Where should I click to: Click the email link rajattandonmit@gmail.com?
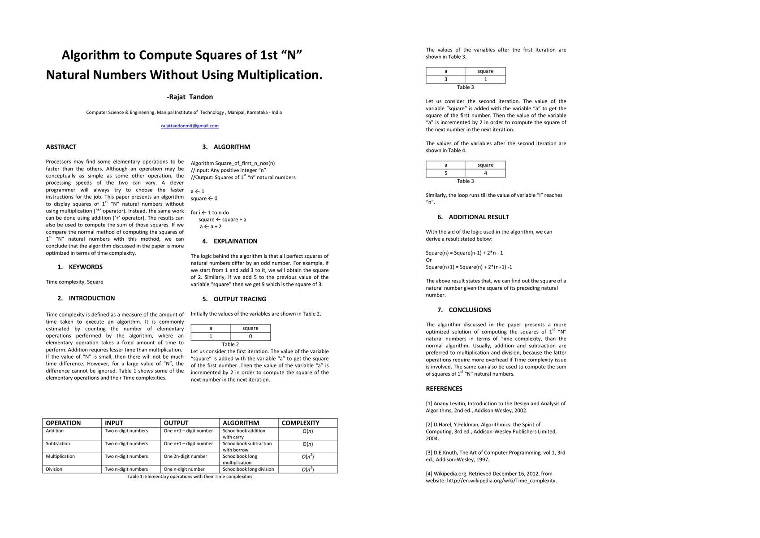click(190, 126)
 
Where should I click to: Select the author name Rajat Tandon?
click(190, 97)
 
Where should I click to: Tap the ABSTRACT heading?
click(61, 147)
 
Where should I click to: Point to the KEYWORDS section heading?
click(85, 267)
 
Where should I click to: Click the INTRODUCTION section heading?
click(91, 299)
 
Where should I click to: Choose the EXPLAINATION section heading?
click(235, 241)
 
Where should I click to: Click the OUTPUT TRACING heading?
click(240, 299)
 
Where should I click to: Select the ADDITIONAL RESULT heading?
click(479, 217)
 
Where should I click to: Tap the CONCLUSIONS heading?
click(470, 310)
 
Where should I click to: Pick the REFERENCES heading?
click(444, 389)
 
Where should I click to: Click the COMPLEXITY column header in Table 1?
click(300, 423)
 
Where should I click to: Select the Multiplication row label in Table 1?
click(60, 456)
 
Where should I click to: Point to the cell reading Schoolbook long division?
click(248, 469)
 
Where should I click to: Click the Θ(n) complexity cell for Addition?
click(307, 431)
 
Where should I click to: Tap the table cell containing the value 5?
click(445, 173)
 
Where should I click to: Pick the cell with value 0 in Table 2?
click(250, 336)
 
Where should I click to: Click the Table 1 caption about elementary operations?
click(190, 477)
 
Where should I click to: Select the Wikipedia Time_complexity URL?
click(501, 481)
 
